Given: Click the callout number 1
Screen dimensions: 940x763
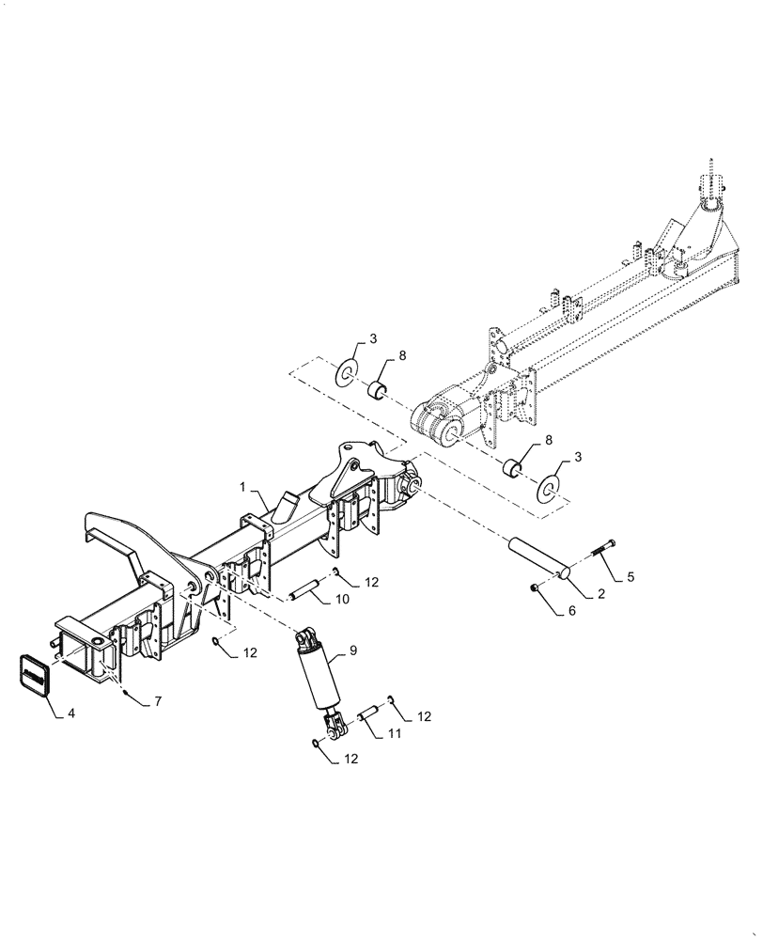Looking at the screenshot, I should [242, 488].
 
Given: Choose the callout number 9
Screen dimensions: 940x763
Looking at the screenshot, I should [352, 649].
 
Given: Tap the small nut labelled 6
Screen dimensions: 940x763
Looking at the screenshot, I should [535, 587].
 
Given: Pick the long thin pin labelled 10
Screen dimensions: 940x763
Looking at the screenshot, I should [304, 592].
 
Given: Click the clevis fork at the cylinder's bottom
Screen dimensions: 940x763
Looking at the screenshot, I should [330, 724].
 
